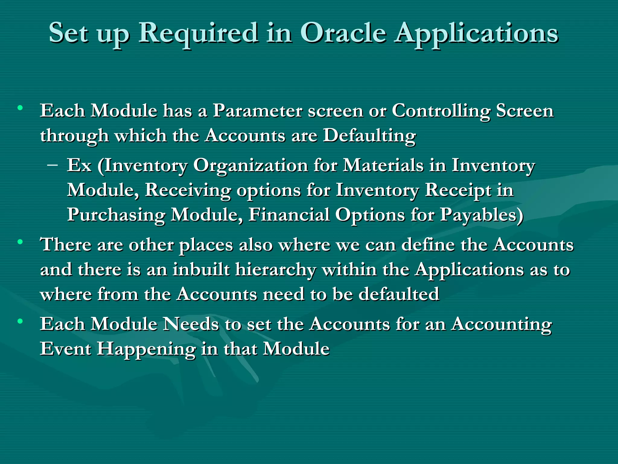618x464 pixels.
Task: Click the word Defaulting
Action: coord(369,136)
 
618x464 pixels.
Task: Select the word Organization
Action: coord(250,166)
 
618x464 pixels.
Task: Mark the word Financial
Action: coord(289,215)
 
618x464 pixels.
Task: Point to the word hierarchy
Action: coord(276,270)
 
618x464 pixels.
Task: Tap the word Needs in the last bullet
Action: coord(191,324)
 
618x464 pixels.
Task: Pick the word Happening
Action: coord(146,350)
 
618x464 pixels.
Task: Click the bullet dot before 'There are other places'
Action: coord(20,242)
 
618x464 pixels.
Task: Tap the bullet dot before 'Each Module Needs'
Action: coord(20,321)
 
